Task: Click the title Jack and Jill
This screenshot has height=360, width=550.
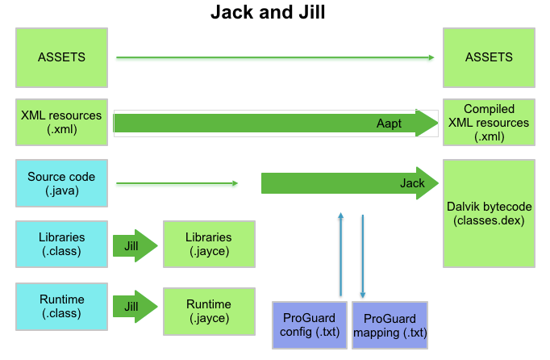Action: (x=269, y=13)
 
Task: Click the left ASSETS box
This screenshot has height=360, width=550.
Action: (x=61, y=57)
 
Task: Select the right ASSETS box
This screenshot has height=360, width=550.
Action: (x=489, y=57)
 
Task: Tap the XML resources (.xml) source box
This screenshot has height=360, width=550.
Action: (x=61, y=122)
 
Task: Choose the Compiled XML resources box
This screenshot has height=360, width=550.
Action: (x=489, y=122)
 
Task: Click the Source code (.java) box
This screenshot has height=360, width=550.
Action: (x=61, y=183)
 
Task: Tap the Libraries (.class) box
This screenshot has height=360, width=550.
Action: (x=61, y=245)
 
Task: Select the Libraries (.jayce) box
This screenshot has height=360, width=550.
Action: (x=208, y=245)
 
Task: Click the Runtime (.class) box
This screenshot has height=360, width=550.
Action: (x=61, y=306)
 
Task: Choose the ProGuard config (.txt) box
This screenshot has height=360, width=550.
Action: (x=309, y=324)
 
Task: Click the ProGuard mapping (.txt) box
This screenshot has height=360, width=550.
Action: (x=390, y=324)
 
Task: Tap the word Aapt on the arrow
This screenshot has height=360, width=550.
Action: (x=390, y=123)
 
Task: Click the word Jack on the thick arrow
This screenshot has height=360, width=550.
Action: (x=412, y=183)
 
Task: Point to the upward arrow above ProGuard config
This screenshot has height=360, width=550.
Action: (x=341, y=254)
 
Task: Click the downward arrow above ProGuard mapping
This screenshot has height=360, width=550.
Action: (x=363, y=254)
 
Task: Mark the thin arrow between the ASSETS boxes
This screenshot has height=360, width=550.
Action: (x=274, y=57)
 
